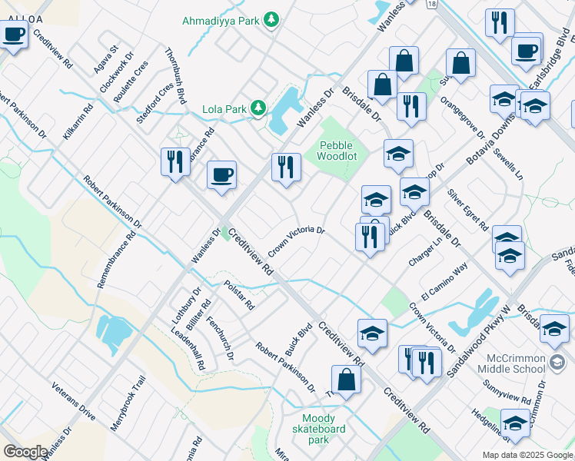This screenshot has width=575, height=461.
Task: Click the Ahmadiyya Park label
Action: click(x=221, y=21)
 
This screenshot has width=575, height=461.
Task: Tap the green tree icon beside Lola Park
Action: click(x=259, y=108)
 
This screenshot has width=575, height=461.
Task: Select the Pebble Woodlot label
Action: click(x=338, y=150)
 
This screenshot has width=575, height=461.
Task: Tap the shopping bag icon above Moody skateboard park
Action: click(x=346, y=380)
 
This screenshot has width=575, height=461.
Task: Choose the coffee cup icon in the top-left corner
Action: click(x=14, y=35)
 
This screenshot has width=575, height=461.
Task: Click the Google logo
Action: click(x=25, y=452)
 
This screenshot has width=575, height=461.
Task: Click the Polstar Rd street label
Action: click(x=238, y=294)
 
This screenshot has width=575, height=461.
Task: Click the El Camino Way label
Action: click(x=444, y=282)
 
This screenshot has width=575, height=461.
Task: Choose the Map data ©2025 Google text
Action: click(x=527, y=455)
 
